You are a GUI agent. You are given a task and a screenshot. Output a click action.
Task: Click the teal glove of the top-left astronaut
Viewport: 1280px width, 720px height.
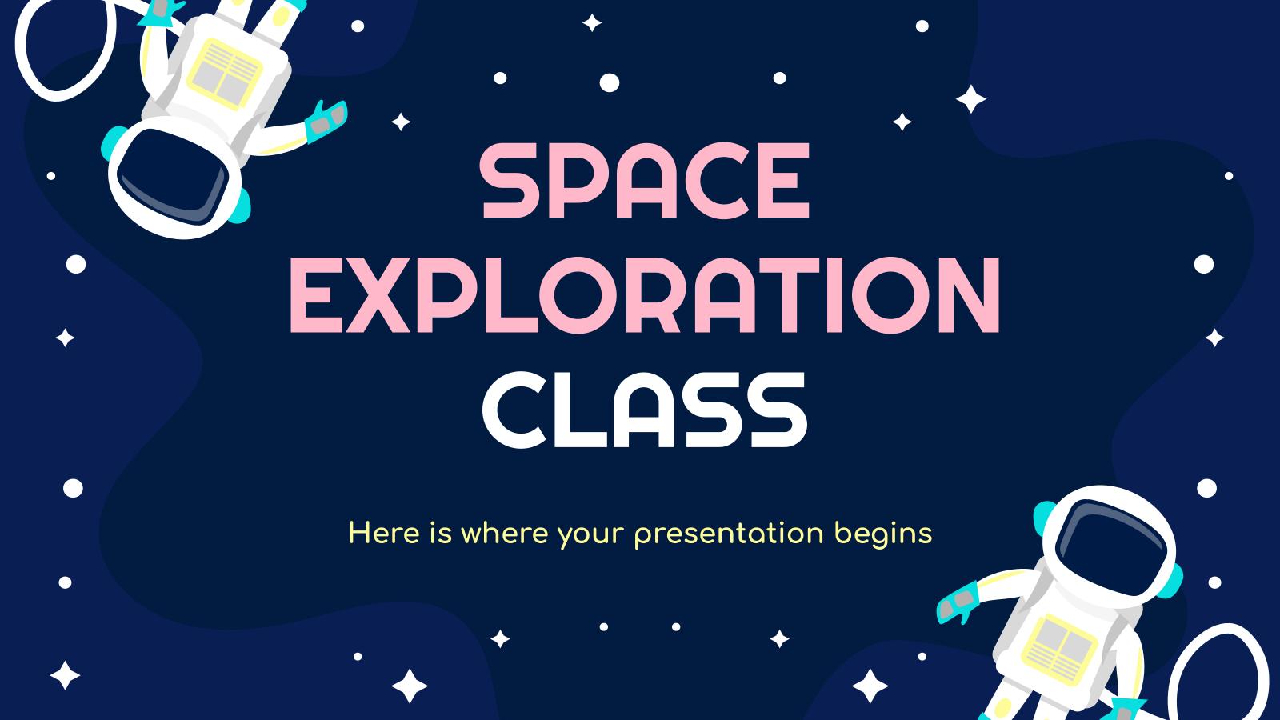326,118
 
